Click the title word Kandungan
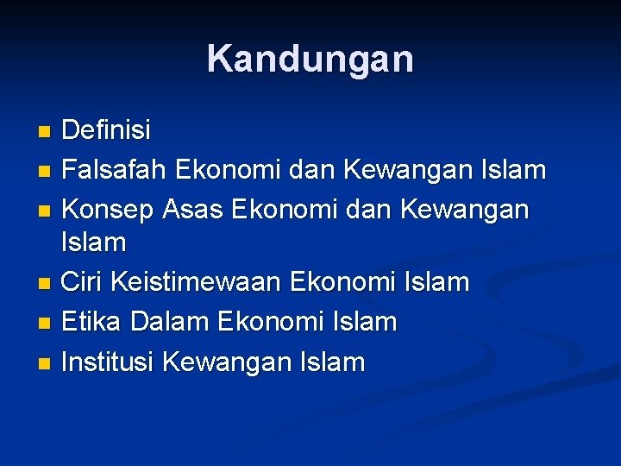pos(310,60)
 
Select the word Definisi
pos(106,131)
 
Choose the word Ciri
pos(83,282)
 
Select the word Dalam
pos(169,323)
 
